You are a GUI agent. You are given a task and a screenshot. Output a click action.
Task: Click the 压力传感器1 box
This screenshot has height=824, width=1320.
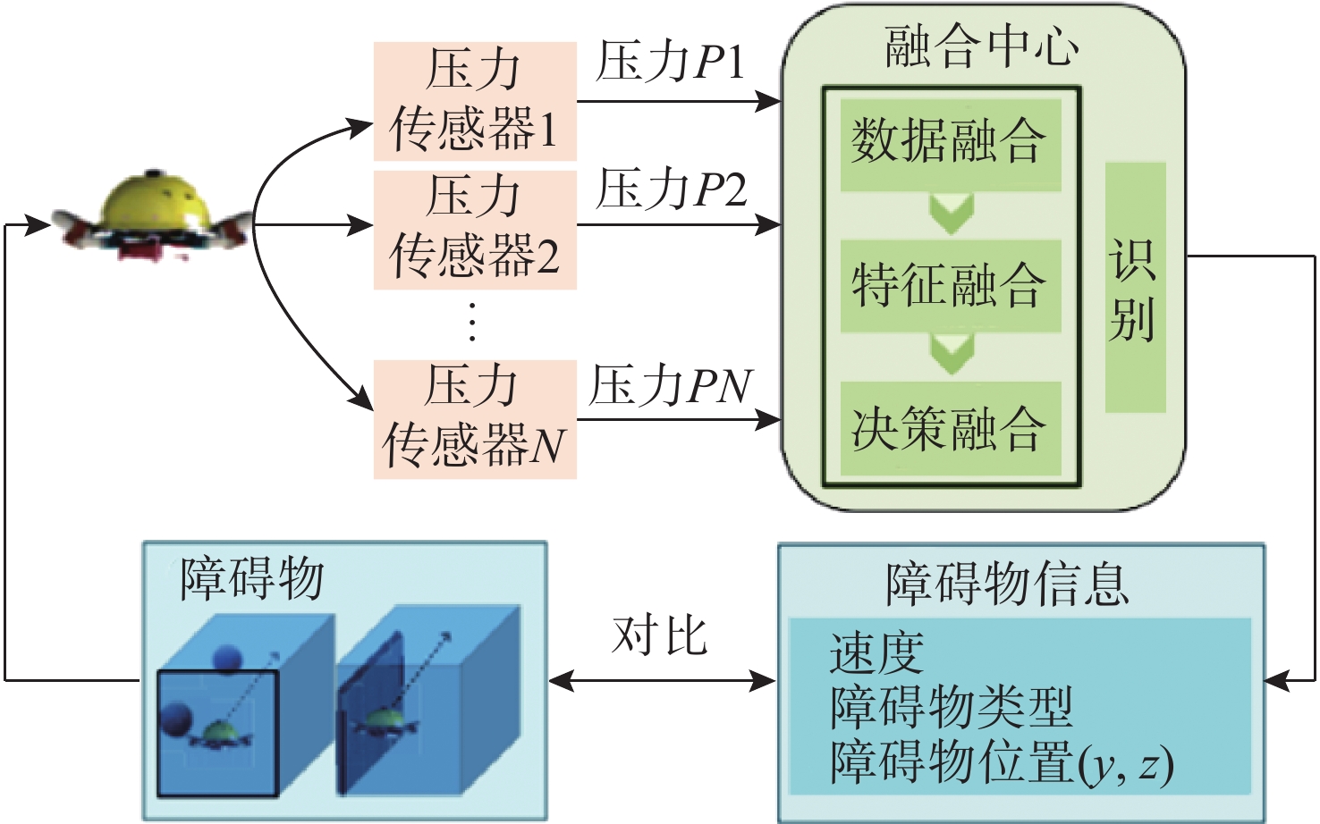click(475, 100)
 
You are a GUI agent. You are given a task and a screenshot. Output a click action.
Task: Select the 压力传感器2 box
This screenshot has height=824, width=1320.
click(475, 228)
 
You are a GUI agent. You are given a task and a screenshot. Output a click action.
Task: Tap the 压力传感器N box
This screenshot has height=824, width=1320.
click(475, 418)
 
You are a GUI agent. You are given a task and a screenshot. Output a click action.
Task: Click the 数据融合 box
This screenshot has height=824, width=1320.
click(950, 143)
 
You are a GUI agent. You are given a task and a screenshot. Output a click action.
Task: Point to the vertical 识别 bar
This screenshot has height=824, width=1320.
click(1135, 288)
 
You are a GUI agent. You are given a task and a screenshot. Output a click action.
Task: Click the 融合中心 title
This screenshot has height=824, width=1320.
click(982, 46)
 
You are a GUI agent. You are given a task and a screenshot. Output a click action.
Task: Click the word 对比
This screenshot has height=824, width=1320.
click(660, 636)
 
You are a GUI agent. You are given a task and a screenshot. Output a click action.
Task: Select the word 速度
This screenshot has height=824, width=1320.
click(876, 652)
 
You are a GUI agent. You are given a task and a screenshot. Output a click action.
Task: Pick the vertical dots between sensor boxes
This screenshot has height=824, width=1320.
click(472, 322)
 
